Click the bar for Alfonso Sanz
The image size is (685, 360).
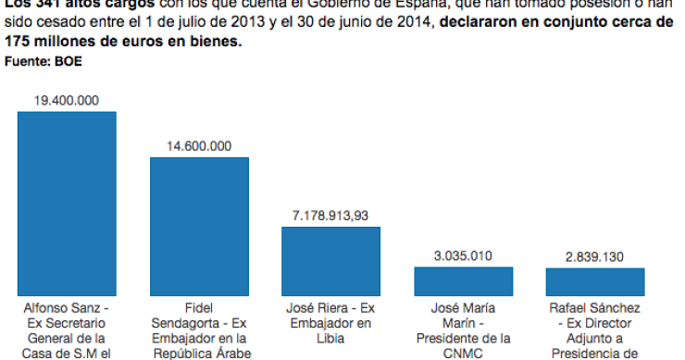(x=67, y=203)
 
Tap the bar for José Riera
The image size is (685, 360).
(x=330, y=261)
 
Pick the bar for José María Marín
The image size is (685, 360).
(x=462, y=280)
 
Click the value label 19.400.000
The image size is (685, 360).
(x=67, y=100)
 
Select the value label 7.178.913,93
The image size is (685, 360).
(x=330, y=216)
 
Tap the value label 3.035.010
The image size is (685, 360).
(x=462, y=255)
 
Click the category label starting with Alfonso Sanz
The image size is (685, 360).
(x=67, y=329)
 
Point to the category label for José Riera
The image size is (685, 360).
(x=330, y=321)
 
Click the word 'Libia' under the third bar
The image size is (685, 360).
(x=330, y=337)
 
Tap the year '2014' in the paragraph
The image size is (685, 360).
(x=412, y=24)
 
